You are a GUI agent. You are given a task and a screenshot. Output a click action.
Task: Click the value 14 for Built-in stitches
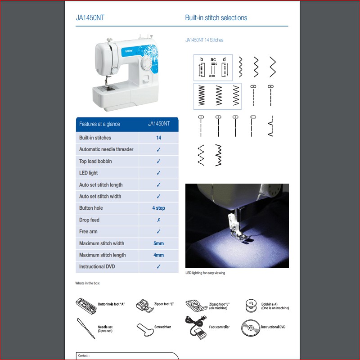point(158,138)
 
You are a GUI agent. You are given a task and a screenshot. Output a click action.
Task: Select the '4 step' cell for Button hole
point(158,208)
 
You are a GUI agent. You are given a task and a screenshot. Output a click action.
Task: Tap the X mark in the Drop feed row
point(158,220)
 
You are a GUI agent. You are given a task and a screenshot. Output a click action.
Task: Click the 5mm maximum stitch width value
point(158,243)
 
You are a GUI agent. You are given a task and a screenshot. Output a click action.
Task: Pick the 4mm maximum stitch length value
point(158,255)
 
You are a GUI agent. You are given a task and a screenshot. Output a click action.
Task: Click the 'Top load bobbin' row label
point(95,161)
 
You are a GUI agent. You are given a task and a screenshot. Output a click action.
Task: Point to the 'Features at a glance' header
point(99,124)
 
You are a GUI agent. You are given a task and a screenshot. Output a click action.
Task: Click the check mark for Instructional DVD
point(158,266)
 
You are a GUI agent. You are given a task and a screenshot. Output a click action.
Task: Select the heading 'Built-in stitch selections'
point(216,18)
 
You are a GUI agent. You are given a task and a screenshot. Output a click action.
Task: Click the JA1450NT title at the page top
point(90,18)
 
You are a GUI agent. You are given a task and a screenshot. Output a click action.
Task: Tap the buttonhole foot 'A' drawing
point(86,306)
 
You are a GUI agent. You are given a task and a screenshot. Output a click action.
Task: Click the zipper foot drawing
point(145,306)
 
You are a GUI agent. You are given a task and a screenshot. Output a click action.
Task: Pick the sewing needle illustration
point(85,328)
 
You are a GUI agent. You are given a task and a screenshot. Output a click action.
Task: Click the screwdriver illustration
point(145,330)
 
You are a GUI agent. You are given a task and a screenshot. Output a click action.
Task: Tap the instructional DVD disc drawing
point(251,328)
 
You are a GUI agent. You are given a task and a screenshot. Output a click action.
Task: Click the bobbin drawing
point(251,306)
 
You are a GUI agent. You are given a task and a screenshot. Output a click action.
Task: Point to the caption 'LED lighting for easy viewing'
point(205,273)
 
